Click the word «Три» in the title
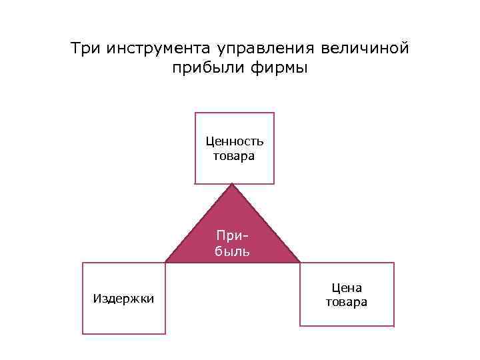85,49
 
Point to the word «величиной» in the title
365,49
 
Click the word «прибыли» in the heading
203,69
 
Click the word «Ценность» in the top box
235,141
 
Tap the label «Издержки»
124,298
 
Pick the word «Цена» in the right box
347,287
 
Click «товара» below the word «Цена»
347,302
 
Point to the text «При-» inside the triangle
233,236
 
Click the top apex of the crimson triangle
232,184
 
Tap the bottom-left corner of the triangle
165,262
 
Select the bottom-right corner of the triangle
300,262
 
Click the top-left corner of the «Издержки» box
83,263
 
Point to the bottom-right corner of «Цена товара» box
394,326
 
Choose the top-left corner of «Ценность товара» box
195,113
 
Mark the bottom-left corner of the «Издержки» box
83,333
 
